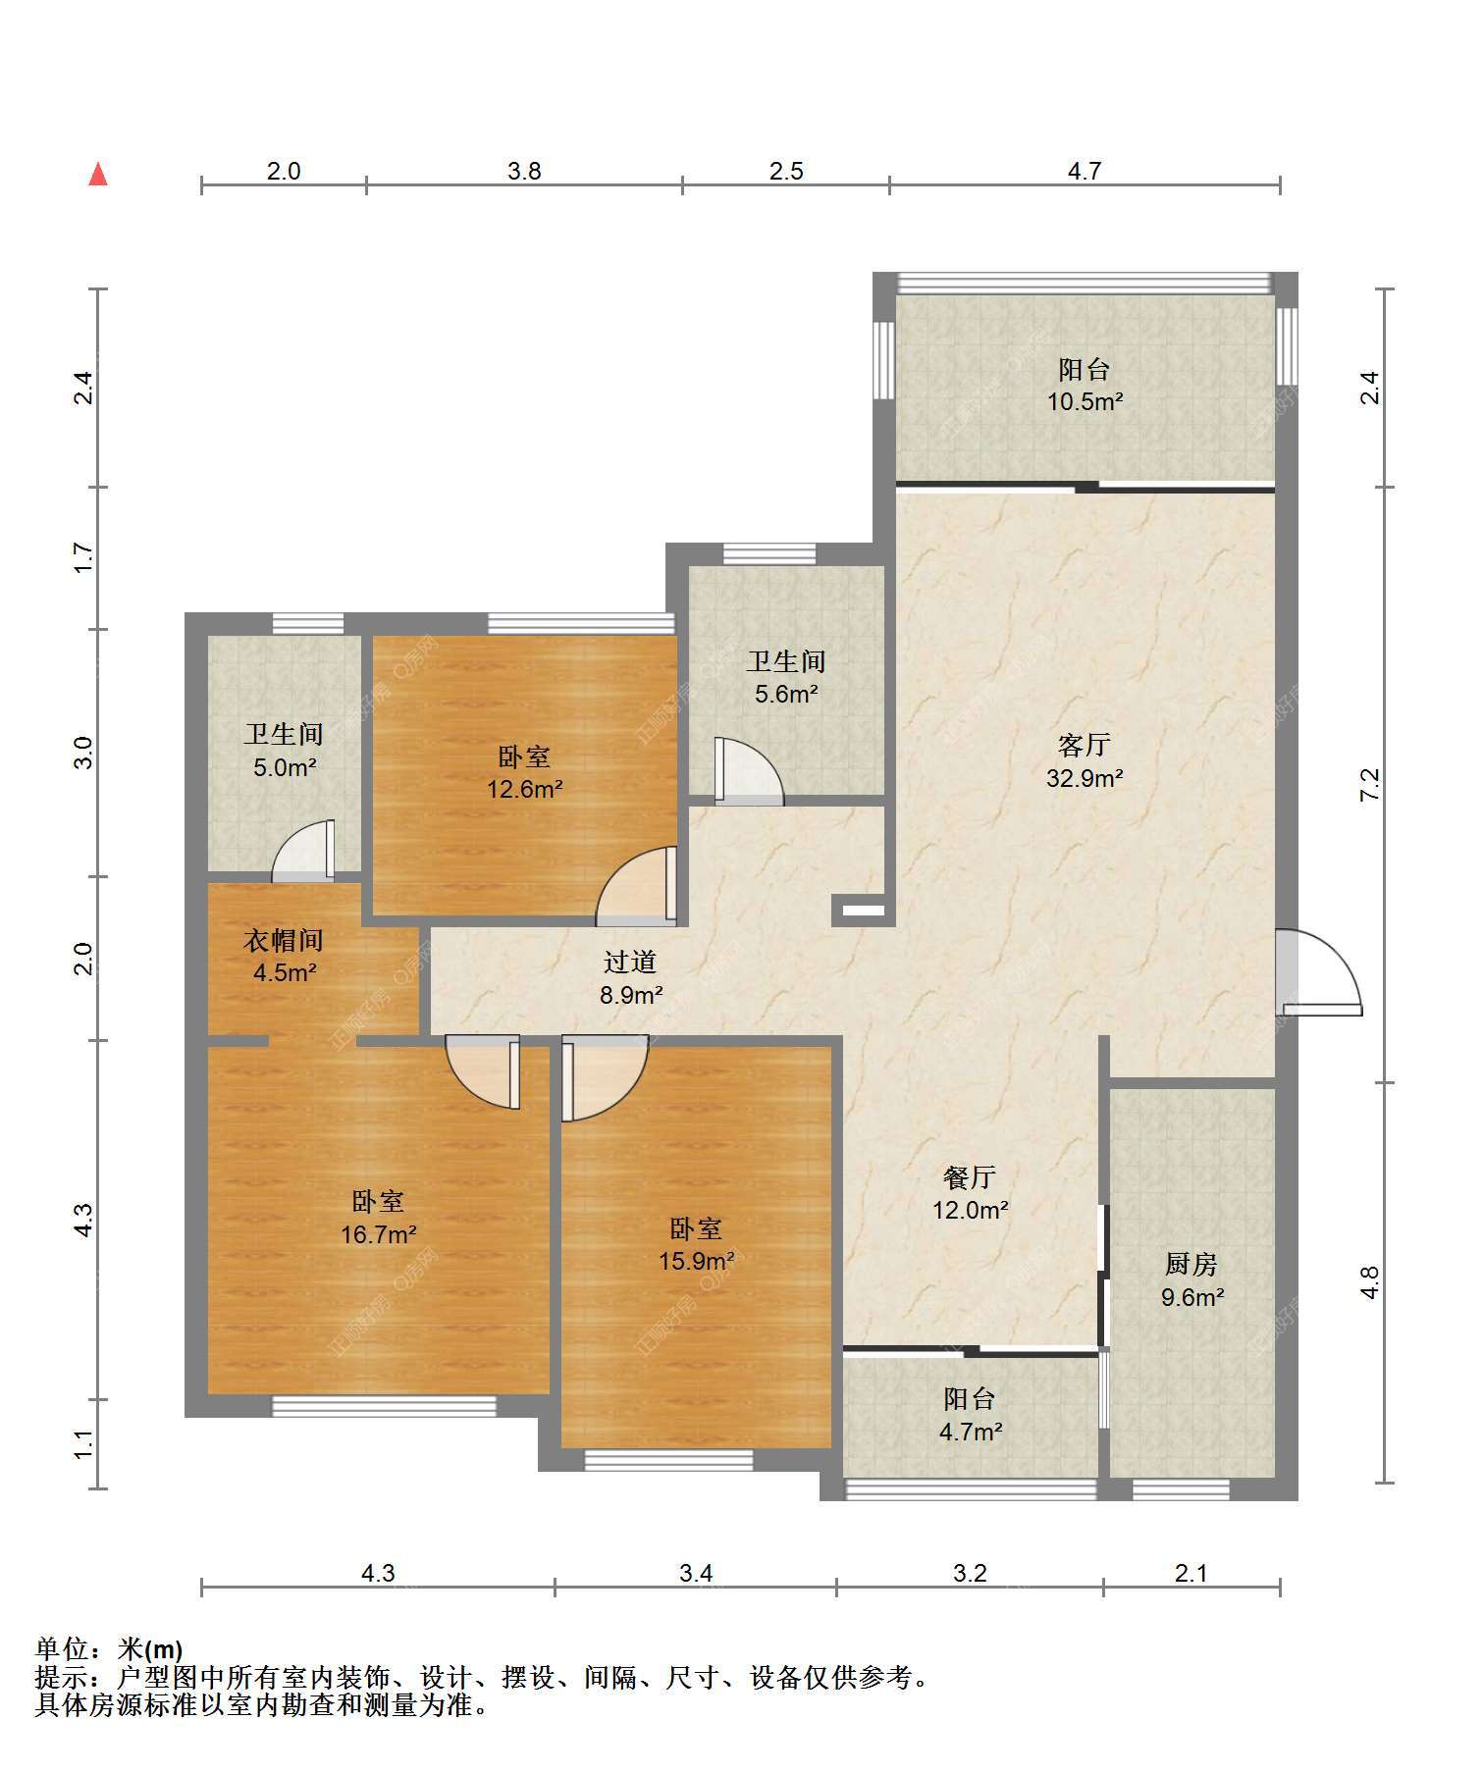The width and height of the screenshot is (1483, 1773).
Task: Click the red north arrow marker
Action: (x=98, y=175)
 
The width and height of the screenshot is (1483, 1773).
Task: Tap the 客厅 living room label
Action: (x=1085, y=745)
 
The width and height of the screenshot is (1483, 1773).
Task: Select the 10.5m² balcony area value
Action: (x=1085, y=401)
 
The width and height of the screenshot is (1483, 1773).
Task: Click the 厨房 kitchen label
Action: (x=1192, y=1264)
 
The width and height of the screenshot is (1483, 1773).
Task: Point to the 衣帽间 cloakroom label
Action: (x=284, y=940)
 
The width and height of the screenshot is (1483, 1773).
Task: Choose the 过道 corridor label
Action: (x=630, y=962)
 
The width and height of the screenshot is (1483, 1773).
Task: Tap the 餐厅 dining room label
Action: (x=970, y=1176)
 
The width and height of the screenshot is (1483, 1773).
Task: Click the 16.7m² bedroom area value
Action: (x=379, y=1234)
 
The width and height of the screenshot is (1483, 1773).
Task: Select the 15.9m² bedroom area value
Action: (x=696, y=1261)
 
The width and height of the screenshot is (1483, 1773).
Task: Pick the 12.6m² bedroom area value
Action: (x=525, y=789)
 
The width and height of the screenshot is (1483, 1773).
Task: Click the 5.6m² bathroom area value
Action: (x=786, y=695)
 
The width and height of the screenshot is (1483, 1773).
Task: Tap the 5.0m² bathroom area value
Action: (x=285, y=767)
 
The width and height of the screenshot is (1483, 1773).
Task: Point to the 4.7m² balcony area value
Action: (x=971, y=1432)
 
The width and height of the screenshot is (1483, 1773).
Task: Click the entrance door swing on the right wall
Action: (x=1320, y=971)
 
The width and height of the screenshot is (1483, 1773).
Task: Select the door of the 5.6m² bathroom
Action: (x=750, y=771)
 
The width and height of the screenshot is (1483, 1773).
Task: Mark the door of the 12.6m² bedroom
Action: (x=637, y=886)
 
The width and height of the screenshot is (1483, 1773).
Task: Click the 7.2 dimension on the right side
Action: (x=1370, y=784)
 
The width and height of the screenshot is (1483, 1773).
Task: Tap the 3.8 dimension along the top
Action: (x=524, y=172)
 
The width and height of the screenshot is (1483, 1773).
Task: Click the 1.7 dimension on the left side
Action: (x=84, y=557)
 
